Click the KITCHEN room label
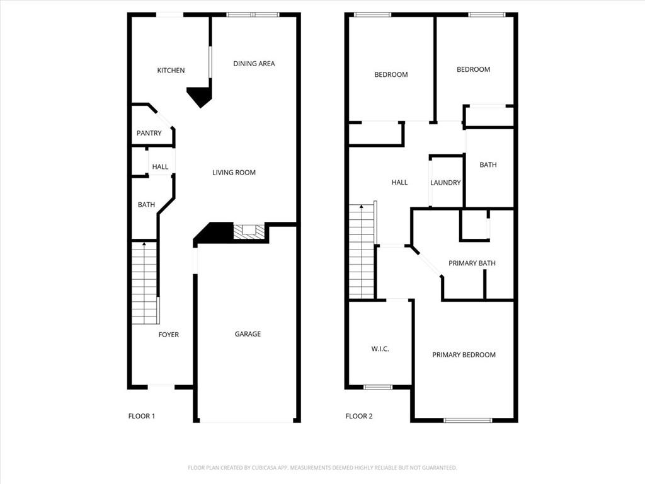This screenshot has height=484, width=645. tap(171, 71)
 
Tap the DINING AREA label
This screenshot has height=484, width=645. tap(254, 64)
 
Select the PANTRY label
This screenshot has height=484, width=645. tap(149, 134)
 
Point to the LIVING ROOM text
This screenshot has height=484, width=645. tap(234, 173)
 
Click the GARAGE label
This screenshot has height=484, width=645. tap(248, 334)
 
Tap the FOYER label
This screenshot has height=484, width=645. tap(168, 335)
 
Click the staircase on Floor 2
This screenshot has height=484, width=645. tap(362, 252)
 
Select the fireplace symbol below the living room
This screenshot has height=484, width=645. tap(249, 232)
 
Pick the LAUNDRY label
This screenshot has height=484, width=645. tap(446, 183)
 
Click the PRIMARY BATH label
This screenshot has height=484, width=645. tap(472, 263)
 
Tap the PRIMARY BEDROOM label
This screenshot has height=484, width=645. tap(464, 355)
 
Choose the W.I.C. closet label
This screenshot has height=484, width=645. tap(380, 349)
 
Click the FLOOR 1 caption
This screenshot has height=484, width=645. tap(142, 416)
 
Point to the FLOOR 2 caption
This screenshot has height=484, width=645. tap(359, 416)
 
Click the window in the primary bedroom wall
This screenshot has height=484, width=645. tap(467, 420)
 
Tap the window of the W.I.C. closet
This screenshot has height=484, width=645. tap(378, 387)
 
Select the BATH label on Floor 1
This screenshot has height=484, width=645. tap(146, 205)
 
